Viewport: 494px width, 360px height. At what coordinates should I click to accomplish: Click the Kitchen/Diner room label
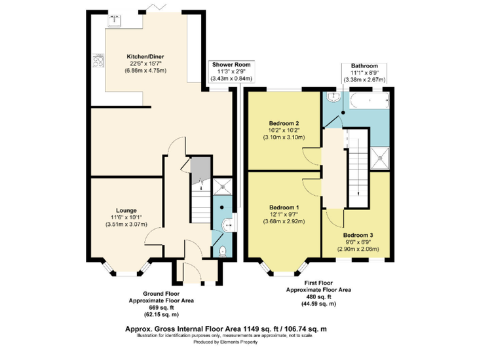click(145, 57)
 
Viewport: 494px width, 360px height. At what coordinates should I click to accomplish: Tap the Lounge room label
click(126, 211)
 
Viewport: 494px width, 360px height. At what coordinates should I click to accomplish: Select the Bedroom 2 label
click(284, 123)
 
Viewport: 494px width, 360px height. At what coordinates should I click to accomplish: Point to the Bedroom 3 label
click(358, 235)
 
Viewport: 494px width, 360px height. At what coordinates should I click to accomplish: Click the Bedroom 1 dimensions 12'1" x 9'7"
click(284, 215)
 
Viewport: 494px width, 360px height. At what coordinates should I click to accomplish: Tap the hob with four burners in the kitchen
click(98, 60)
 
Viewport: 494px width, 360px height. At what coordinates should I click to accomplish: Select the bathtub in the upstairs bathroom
click(370, 100)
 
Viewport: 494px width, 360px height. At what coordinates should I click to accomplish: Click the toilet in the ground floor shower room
click(223, 251)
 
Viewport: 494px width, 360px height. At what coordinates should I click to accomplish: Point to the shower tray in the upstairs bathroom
click(380, 158)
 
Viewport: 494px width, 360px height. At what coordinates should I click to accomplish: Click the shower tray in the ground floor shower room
click(223, 187)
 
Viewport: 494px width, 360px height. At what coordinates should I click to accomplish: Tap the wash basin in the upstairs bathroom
click(333, 98)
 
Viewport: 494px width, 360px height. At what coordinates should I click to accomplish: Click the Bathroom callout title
click(364, 65)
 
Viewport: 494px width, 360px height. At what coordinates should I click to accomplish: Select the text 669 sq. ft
click(161, 308)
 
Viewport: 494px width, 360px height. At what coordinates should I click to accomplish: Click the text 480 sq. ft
click(318, 297)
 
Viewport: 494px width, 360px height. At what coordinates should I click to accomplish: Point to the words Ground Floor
click(161, 294)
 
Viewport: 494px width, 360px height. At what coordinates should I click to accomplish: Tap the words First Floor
click(318, 283)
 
